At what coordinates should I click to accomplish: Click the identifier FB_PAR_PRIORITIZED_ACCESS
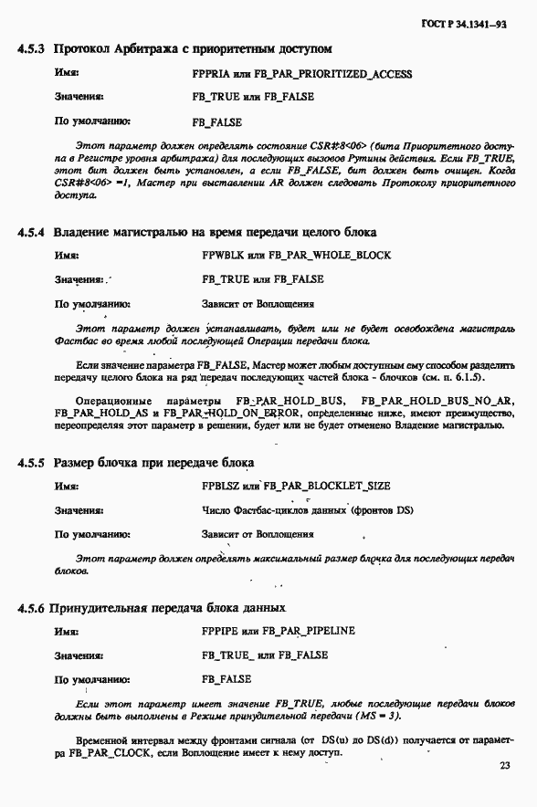point(340,74)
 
